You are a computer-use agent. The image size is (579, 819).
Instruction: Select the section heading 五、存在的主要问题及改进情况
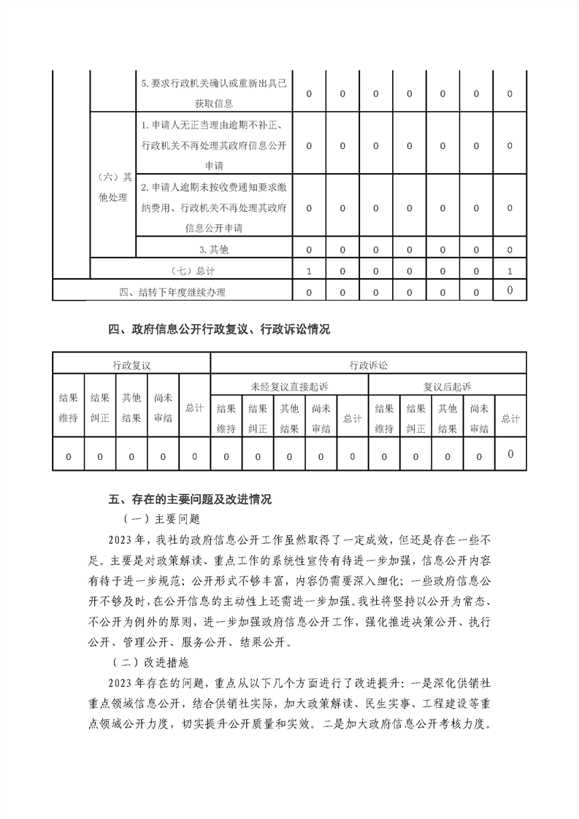click(190, 500)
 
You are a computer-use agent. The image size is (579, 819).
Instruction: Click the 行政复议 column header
click(131, 364)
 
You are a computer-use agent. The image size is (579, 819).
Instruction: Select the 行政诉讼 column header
click(368, 364)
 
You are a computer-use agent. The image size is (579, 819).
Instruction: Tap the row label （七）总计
click(191, 271)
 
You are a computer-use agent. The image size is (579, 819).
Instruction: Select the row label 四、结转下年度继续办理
click(172, 293)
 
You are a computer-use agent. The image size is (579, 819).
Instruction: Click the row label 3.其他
click(214, 250)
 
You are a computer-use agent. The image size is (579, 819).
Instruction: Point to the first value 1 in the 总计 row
click(309, 271)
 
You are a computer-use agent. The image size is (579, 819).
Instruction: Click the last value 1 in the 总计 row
click(510, 271)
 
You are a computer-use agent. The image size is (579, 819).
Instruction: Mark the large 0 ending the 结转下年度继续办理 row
click(510, 291)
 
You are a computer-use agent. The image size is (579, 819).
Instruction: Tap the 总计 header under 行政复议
click(194, 408)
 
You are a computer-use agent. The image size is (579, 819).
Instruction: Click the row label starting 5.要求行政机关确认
click(214, 94)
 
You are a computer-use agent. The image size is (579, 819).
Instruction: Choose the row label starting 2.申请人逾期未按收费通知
click(214, 208)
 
